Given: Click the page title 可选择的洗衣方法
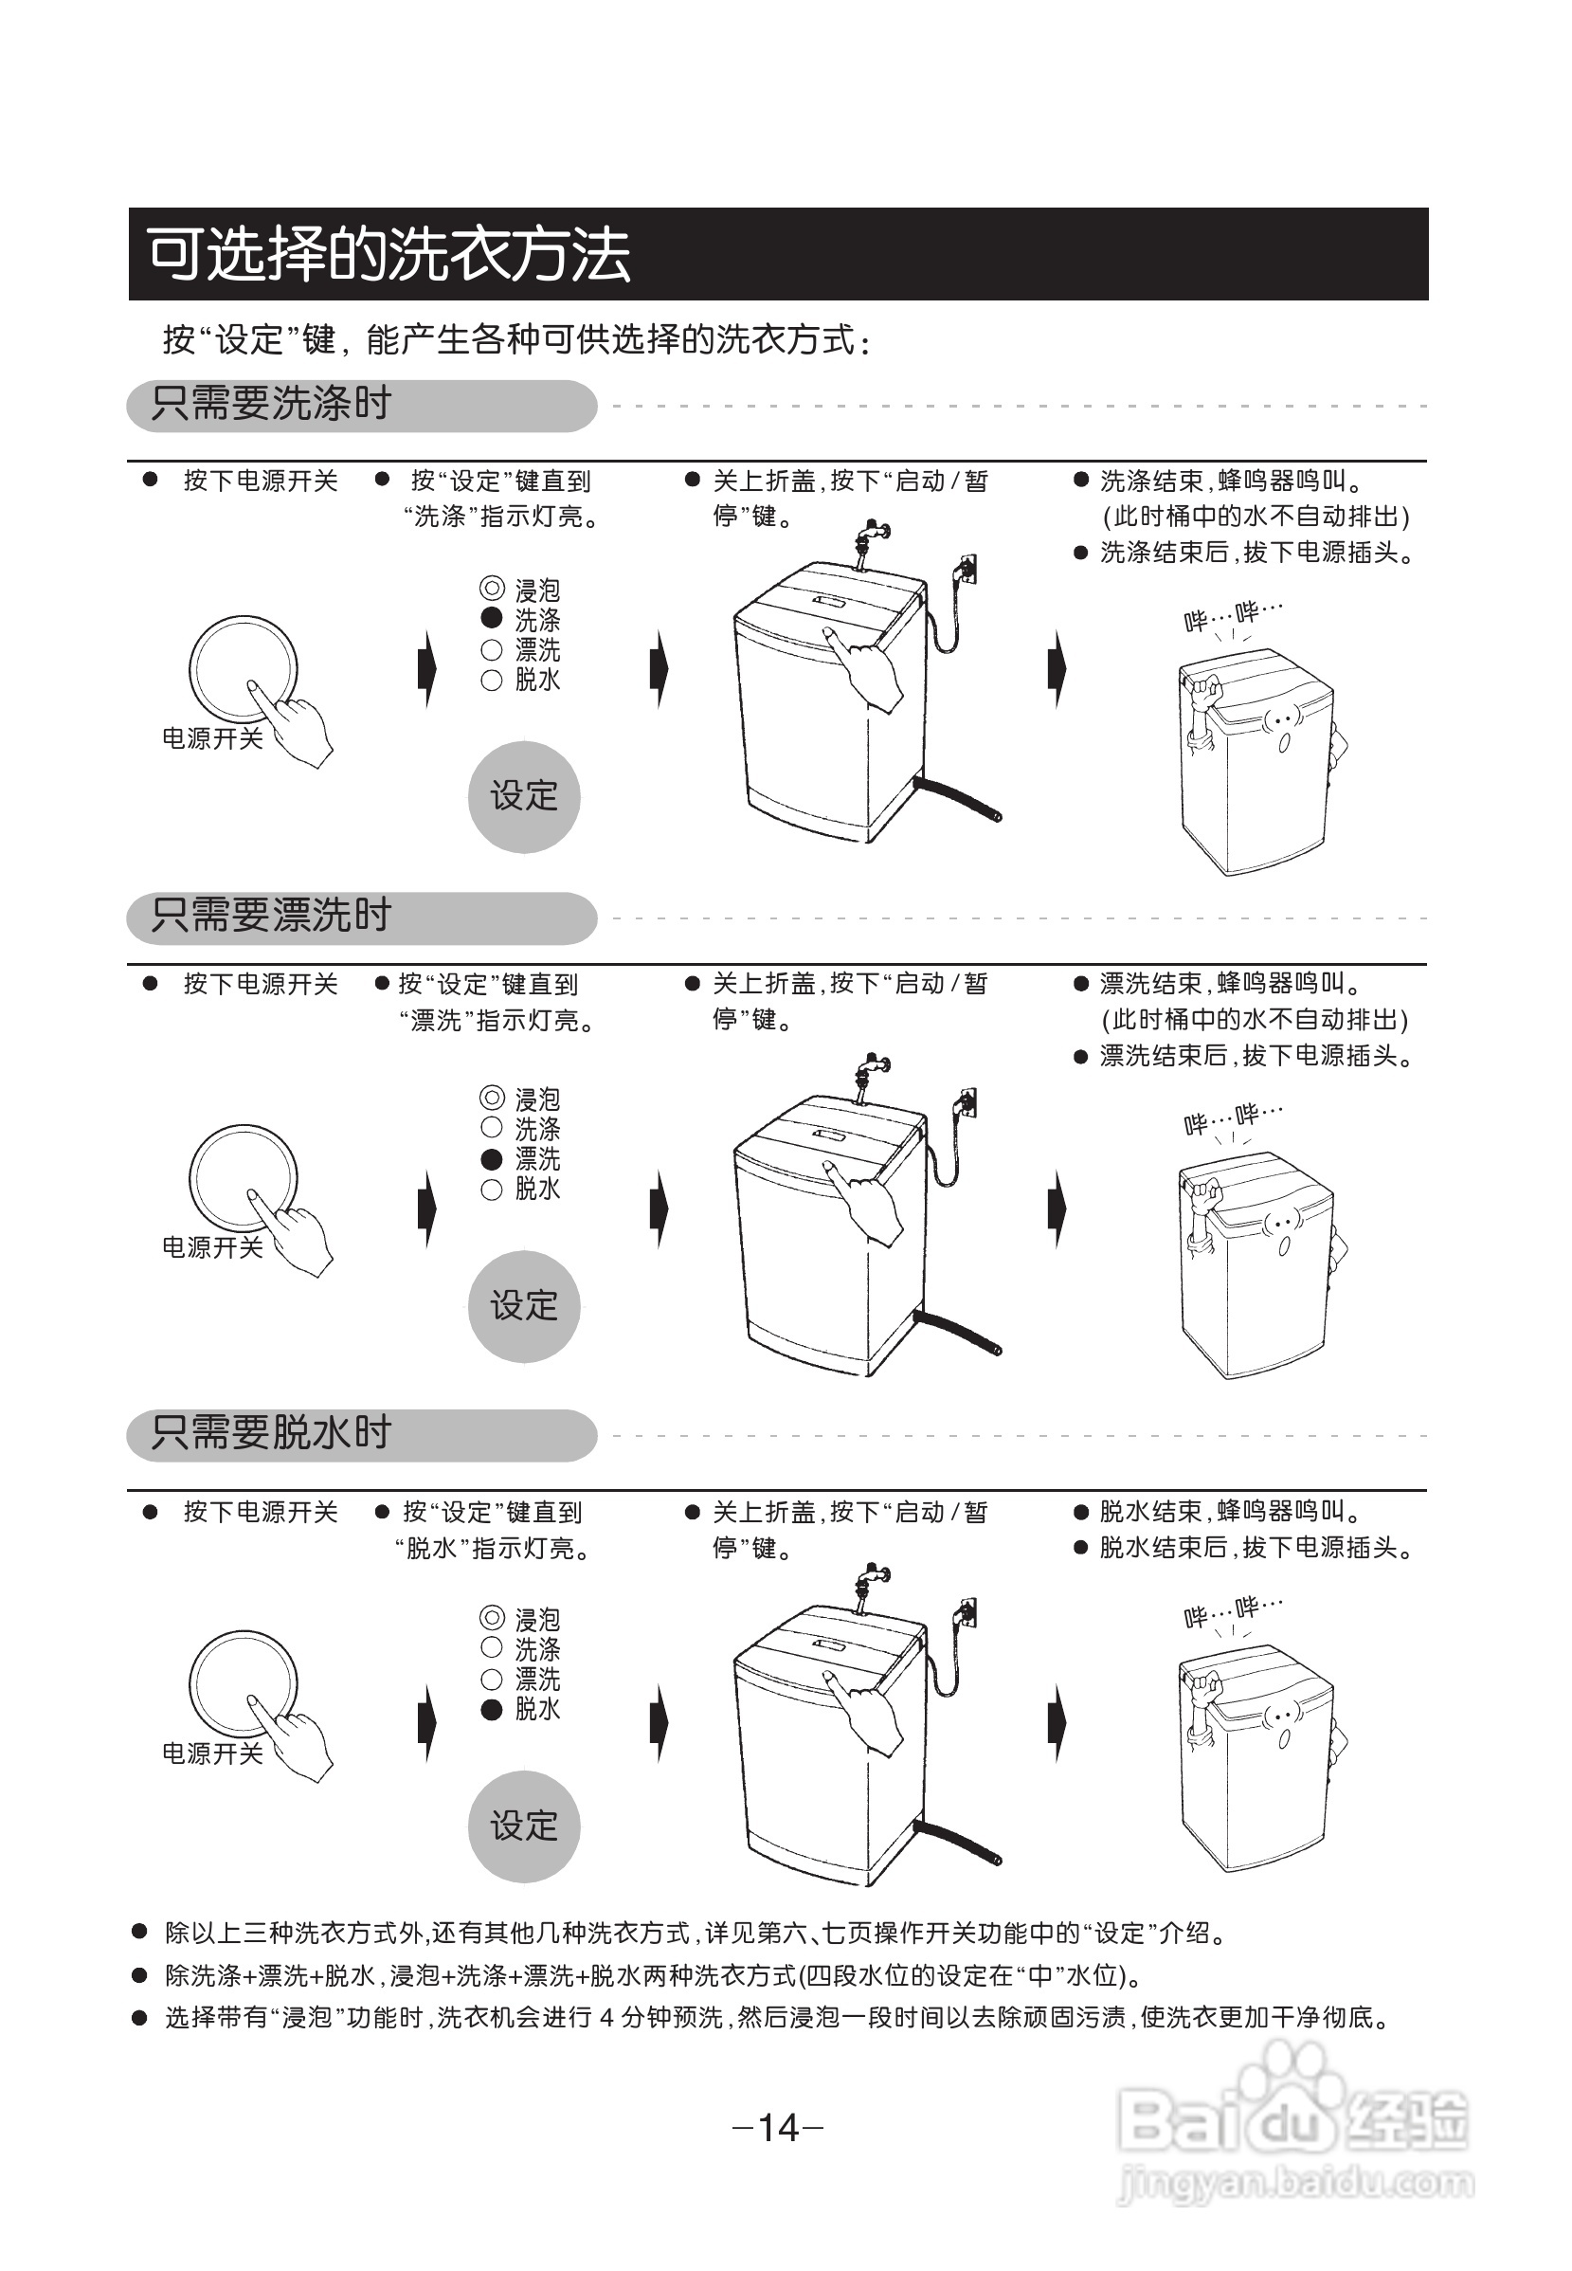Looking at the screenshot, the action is point(388,254).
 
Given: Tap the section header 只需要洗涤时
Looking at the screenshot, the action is point(271,404).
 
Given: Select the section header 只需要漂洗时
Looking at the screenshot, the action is point(271,916).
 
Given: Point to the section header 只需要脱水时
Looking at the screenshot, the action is point(271,1432).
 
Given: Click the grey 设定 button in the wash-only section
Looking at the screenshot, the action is point(524,796).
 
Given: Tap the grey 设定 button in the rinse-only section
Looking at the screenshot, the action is point(524,1306).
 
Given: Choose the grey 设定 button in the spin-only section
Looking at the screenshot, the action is point(524,1826).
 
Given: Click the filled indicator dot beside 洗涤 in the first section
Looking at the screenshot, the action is point(492,619).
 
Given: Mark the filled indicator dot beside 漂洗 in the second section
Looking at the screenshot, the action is point(492,1158).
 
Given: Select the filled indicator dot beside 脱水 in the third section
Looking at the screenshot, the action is point(492,1709).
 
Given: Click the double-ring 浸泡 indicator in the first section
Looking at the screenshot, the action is point(492,590).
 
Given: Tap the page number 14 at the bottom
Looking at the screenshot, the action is point(778,2127).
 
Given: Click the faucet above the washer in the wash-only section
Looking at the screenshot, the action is point(871,537).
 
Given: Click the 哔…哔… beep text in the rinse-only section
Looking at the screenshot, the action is point(1232,1117).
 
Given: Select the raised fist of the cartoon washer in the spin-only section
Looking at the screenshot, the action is point(1204,1691).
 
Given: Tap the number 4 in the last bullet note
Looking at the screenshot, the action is point(606,2018).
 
